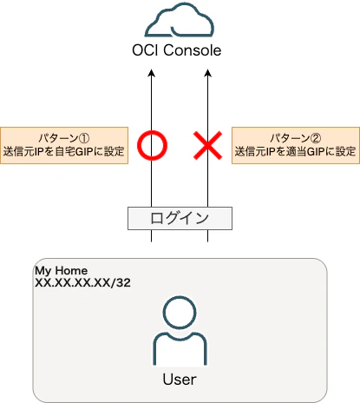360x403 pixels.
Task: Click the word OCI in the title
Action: point(145,50)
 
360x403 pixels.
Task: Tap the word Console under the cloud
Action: point(193,50)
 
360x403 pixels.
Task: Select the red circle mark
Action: point(152,145)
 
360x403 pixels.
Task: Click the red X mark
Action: point(207,145)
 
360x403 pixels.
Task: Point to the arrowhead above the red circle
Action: point(151,73)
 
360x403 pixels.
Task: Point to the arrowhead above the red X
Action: point(207,73)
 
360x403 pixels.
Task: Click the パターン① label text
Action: point(64,138)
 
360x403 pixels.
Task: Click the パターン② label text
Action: point(295,138)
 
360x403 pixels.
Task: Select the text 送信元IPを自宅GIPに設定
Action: point(64,151)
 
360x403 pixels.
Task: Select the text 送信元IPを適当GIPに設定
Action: point(295,151)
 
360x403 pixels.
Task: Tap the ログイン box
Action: point(180,218)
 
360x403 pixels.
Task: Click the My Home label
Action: point(61,271)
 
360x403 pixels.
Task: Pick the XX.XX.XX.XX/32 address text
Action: point(82,282)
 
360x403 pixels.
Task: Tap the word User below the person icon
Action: point(180,380)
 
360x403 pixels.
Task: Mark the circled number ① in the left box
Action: point(84,138)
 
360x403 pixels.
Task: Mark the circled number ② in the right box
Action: point(316,138)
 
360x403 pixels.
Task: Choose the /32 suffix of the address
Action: point(121,282)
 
